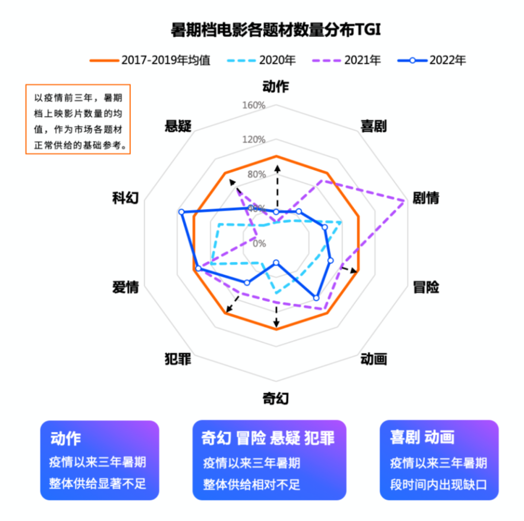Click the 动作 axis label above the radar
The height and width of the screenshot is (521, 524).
(x=276, y=87)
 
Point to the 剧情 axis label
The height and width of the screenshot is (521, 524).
(x=426, y=198)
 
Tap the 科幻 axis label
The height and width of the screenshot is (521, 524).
(x=126, y=198)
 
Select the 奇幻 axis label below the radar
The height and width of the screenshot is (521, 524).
(x=276, y=399)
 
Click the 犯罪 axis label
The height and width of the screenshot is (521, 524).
(x=178, y=360)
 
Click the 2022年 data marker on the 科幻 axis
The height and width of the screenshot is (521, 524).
(x=181, y=212)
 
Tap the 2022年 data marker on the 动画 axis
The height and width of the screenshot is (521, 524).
(x=316, y=298)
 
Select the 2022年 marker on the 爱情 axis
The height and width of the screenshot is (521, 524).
(x=198, y=268)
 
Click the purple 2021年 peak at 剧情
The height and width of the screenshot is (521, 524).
(x=404, y=201)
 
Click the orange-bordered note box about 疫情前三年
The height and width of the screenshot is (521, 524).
(x=78, y=119)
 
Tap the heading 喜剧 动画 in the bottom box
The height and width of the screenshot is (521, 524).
(x=422, y=437)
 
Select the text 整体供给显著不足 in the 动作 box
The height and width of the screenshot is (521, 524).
(x=97, y=484)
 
